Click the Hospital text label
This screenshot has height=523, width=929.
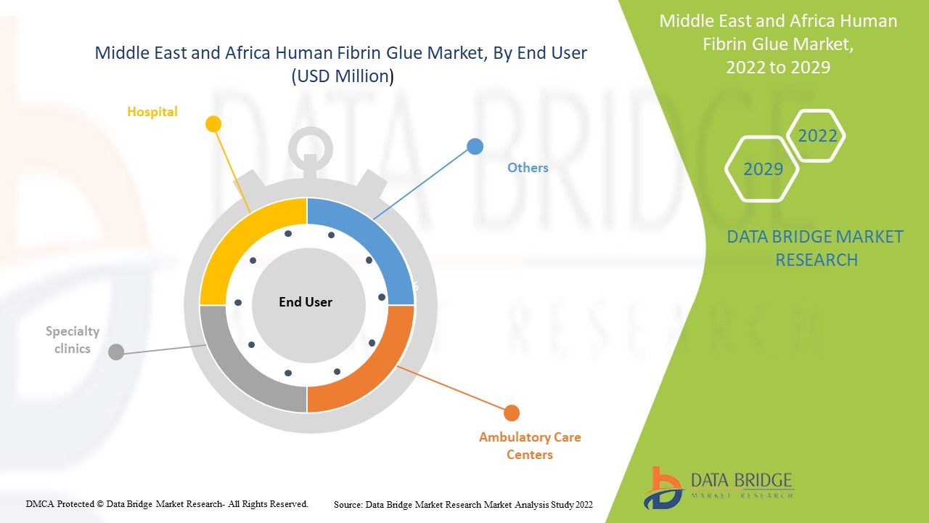152,112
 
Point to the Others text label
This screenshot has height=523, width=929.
528,168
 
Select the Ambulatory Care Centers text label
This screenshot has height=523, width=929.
530,446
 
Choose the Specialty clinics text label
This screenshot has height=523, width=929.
73,340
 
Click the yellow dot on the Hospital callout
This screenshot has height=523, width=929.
213,124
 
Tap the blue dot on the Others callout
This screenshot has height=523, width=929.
475,147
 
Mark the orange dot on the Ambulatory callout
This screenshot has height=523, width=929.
512,413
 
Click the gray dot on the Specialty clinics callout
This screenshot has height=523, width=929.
115,352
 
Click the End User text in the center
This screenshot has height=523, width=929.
306,302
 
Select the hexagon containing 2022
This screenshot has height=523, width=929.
817,136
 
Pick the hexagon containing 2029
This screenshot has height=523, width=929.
763,169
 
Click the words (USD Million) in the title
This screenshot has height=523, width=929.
342,76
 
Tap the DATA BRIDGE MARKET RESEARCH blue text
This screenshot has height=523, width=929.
815,248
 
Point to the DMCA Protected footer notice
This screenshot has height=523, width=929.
168,503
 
